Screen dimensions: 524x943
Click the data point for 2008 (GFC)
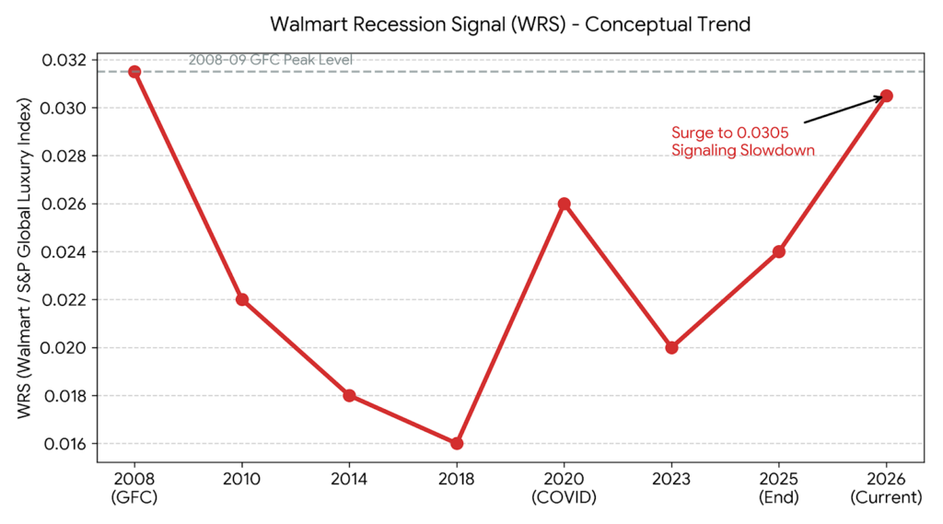[x=134, y=72]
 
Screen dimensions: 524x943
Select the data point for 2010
[x=242, y=299]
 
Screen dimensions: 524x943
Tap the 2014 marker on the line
[x=349, y=395]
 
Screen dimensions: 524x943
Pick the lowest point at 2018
[x=457, y=443]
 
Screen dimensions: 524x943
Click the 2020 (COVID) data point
[x=565, y=204]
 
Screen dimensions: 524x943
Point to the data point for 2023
[x=671, y=347]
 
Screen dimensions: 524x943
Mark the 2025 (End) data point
[x=779, y=251]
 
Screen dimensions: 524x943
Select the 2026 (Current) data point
[x=886, y=96]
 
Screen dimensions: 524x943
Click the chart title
[x=510, y=23]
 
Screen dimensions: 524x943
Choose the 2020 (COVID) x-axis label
[x=565, y=488]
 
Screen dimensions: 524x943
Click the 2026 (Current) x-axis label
[x=886, y=488]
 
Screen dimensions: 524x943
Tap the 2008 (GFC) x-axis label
[x=134, y=488]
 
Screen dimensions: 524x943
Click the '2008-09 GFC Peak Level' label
[x=270, y=61]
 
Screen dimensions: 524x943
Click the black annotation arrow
[x=842, y=110]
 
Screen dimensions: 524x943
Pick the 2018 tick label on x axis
[x=457, y=480]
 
